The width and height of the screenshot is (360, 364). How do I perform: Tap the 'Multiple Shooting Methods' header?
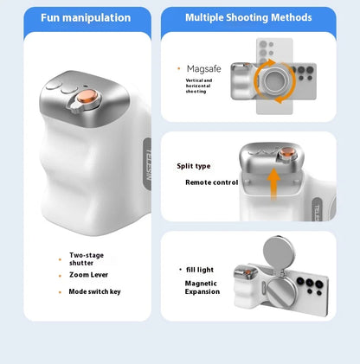pos(247,17)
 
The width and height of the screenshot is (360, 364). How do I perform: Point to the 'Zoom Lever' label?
pos(89,274)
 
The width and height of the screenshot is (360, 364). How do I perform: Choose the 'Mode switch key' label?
pos(95,291)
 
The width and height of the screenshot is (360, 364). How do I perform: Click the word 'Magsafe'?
pos(203,67)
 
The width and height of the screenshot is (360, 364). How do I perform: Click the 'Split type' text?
pos(194,166)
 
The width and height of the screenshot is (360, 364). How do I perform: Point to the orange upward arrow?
pos(273,183)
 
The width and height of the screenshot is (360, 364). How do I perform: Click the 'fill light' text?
pos(200,270)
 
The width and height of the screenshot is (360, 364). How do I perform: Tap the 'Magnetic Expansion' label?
pos(201,287)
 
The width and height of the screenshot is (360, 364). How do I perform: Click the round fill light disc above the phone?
pos(279,259)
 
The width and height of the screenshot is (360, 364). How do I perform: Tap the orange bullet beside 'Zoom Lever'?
pos(60,274)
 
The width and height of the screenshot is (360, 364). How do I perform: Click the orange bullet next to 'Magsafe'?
pos(178,67)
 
